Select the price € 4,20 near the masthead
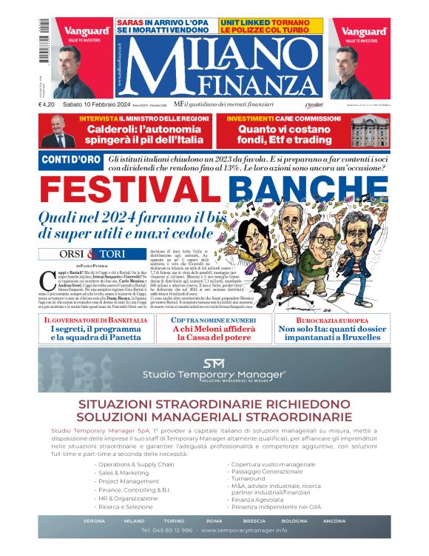point(50,104)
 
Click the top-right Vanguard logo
point(363,32)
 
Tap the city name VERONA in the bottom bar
point(94,520)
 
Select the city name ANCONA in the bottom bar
point(334,520)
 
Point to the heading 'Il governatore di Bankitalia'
point(95,319)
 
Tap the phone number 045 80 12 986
point(167,531)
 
